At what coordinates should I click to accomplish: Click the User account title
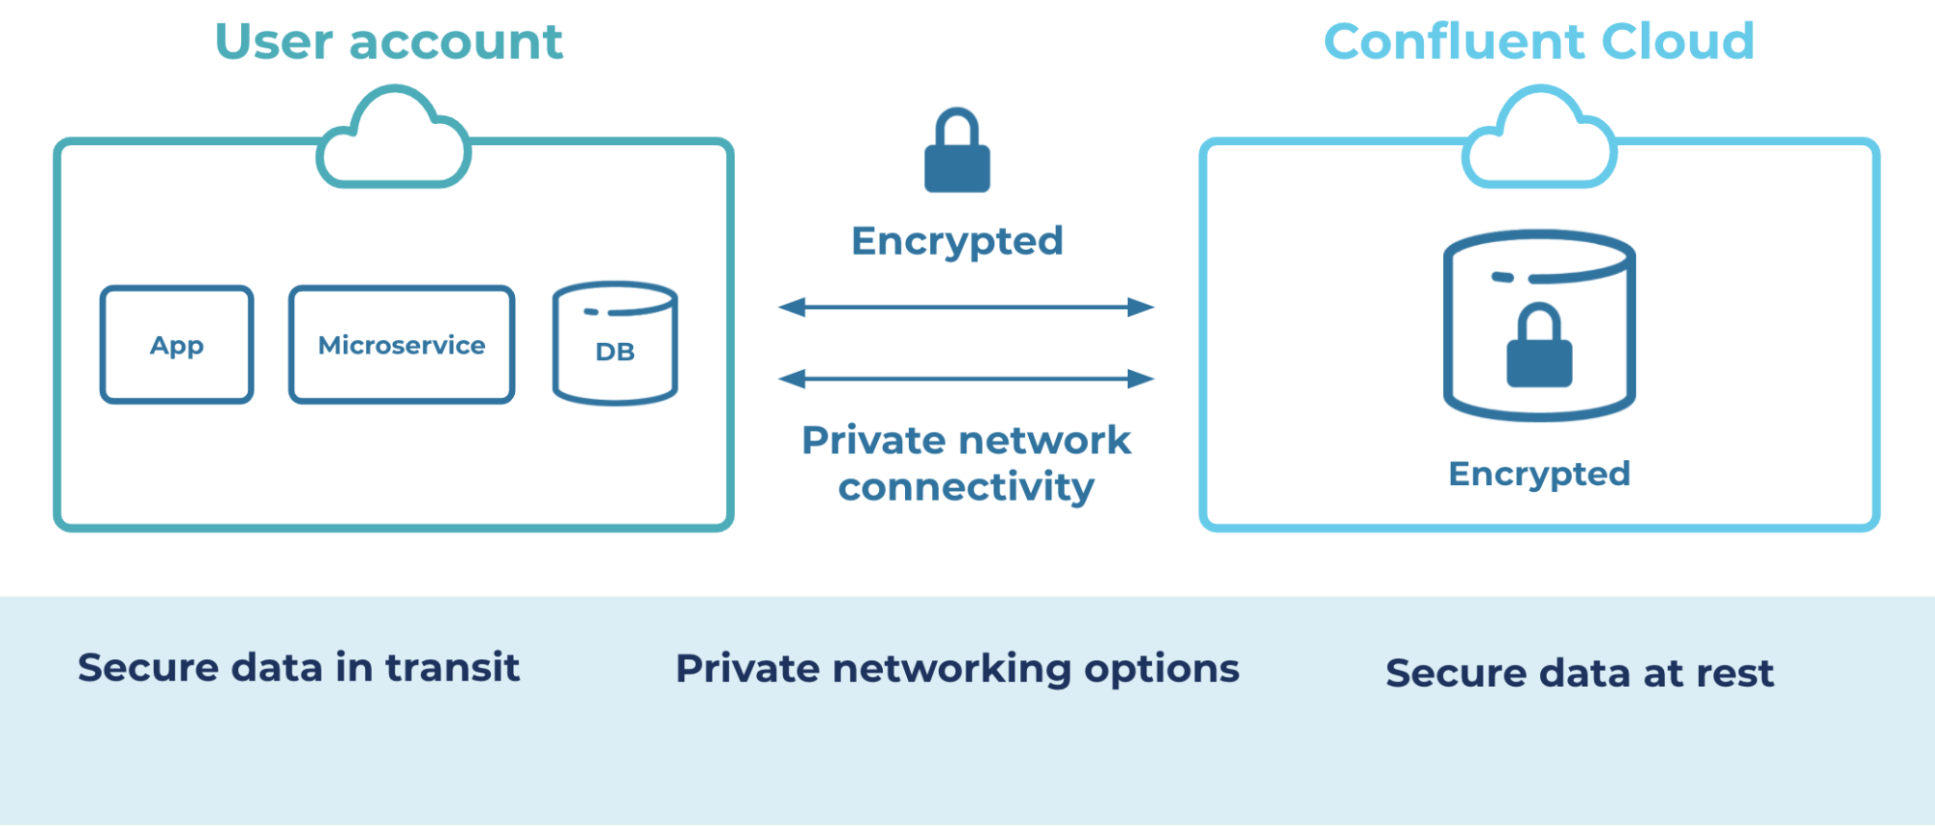click(388, 43)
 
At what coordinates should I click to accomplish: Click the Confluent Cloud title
click(1538, 43)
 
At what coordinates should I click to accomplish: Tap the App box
click(177, 345)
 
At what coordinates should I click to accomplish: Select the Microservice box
click(402, 345)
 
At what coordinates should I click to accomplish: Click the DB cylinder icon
click(615, 344)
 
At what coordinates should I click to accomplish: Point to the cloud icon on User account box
click(393, 140)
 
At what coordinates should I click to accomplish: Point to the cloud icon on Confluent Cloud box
click(1539, 140)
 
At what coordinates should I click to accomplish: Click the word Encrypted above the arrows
click(957, 241)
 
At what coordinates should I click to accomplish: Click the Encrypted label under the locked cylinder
click(1539, 474)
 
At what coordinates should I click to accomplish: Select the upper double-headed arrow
click(966, 307)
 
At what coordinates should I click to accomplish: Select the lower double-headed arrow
click(966, 379)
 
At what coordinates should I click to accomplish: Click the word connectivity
click(966, 487)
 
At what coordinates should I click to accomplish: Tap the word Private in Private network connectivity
click(874, 441)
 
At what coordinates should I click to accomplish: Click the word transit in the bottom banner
click(452, 668)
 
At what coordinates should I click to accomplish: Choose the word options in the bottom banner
click(1162, 669)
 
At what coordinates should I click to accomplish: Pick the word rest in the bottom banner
click(1734, 673)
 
